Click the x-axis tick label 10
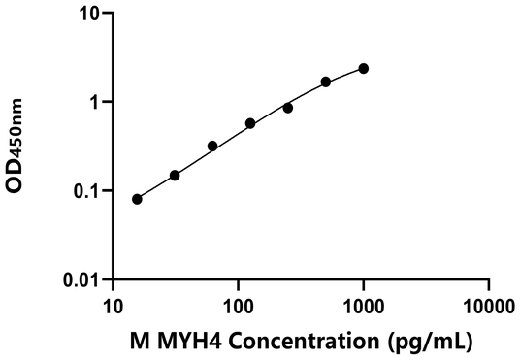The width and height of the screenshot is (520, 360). click(113, 305)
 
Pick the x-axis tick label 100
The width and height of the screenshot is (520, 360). click(238, 305)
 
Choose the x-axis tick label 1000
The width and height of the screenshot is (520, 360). click(363, 305)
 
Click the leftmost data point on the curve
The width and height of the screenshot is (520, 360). click(137, 199)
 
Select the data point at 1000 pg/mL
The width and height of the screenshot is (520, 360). click(364, 68)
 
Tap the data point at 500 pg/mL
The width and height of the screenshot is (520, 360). click(326, 82)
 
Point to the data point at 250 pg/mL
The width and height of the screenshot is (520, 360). click(288, 108)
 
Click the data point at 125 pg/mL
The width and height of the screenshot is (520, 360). click(250, 123)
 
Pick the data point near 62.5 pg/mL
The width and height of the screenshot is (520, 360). click(212, 146)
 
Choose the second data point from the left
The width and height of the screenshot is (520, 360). click(175, 176)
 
